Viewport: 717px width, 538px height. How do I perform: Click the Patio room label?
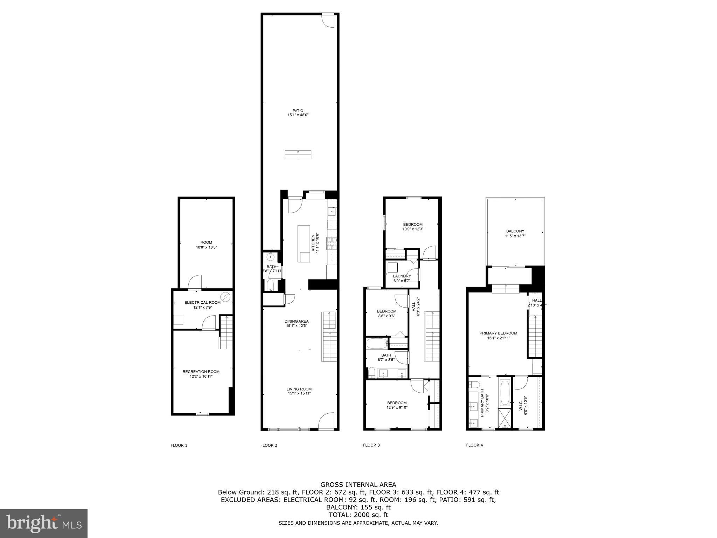click(298, 111)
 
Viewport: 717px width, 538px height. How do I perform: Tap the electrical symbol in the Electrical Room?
click(226, 297)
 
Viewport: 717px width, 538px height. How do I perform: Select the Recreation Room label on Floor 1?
click(201, 372)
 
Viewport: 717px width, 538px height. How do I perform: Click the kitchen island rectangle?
click(304, 244)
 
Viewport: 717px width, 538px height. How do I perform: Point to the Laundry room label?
click(402, 276)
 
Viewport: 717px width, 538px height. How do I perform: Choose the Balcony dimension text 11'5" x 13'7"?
click(515, 236)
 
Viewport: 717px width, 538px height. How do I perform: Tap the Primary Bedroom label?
click(498, 333)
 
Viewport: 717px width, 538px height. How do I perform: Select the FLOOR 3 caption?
click(371, 445)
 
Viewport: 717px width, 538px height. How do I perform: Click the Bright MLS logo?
click(44, 523)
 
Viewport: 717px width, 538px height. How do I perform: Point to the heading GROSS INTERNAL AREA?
click(358, 485)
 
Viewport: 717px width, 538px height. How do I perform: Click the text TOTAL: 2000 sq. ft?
click(358, 515)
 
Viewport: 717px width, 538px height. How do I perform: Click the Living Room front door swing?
click(326, 421)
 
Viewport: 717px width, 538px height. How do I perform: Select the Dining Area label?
click(297, 321)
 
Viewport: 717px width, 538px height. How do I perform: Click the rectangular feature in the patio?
click(298, 154)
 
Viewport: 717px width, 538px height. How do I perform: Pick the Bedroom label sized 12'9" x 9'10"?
click(397, 403)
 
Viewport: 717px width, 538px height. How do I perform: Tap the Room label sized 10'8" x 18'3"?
click(206, 242)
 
